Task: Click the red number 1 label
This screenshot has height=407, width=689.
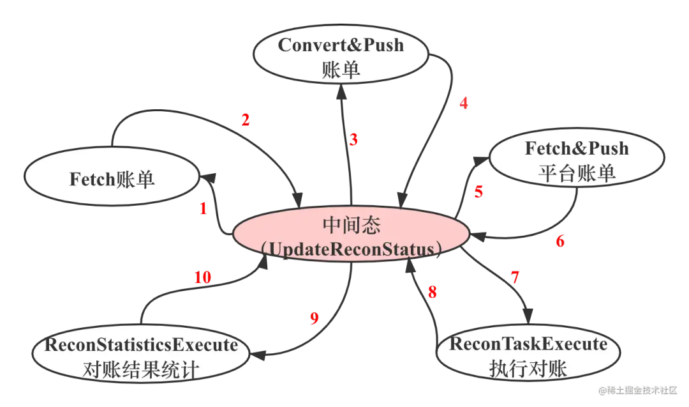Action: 204,208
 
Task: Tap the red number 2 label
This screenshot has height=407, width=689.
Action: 245,119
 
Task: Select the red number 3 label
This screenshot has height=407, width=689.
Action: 353,139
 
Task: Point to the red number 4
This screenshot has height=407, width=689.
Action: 464,103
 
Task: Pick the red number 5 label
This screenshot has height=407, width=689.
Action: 478,192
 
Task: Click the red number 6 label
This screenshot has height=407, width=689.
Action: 560,242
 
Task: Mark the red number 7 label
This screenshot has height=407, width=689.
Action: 515,277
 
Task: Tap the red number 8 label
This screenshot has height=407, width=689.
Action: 433,293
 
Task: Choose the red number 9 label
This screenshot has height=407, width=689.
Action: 314,319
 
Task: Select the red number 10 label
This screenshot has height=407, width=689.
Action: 203,277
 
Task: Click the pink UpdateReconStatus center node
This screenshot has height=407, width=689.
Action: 350,237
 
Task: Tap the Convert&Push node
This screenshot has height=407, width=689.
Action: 341,57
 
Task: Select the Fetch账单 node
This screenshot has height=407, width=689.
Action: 112,180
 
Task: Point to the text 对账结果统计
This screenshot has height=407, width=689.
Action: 141,370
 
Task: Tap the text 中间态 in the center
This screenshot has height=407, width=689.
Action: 351,226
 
